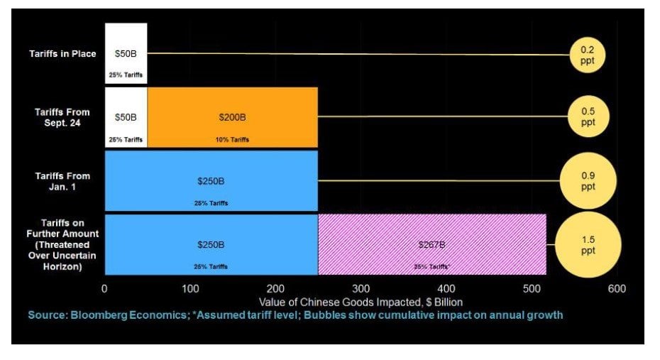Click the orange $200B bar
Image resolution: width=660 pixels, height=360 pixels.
click(x=232, y=116)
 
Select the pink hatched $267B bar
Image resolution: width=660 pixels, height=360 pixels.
click(x=431, y=244)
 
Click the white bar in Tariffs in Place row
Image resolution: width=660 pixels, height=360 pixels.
click(x=126, y=53)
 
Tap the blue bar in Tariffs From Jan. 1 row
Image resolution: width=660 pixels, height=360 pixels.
click(x=211, y=180)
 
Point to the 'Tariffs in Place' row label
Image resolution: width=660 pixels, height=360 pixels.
click(x=62, y=54)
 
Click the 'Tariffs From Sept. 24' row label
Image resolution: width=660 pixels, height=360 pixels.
click(x=62, y=117)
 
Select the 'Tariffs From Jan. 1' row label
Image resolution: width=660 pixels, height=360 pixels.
click(x=62, y=180)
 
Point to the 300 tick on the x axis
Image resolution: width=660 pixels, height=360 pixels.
click(x=361, y=289)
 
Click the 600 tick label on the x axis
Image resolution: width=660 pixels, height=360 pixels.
click(x=617, y=289)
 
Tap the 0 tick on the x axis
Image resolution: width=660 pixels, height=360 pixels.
click(x=105, y=289)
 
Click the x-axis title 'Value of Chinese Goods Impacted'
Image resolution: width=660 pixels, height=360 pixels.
click(x=361, y=302)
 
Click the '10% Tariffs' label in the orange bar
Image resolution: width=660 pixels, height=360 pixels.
click(x=232, y=140)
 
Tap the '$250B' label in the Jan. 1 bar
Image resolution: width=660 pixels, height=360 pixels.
click(x=211, y=181)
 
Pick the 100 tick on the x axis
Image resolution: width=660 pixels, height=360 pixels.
click(x=190, y=289)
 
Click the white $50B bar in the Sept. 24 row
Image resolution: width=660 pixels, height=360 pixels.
click(x=126, y=116)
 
